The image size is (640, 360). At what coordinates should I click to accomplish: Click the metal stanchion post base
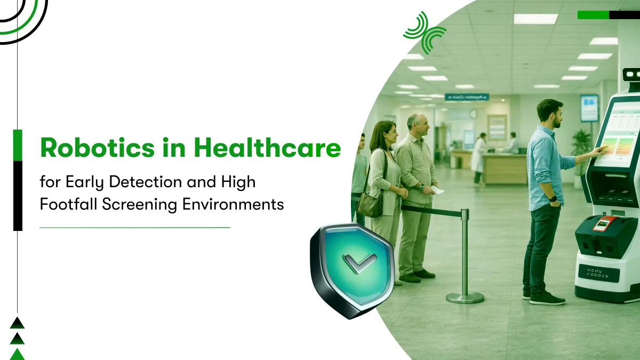[465, 297]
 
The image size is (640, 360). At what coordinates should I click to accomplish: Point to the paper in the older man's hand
[437, 189]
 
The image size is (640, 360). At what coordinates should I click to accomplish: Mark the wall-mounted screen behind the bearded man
[589, 108]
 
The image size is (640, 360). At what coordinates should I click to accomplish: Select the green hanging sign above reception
[467, 97]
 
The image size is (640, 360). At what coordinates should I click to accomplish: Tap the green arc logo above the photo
[424, 33]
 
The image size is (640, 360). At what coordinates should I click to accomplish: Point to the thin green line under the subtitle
[135, 227]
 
